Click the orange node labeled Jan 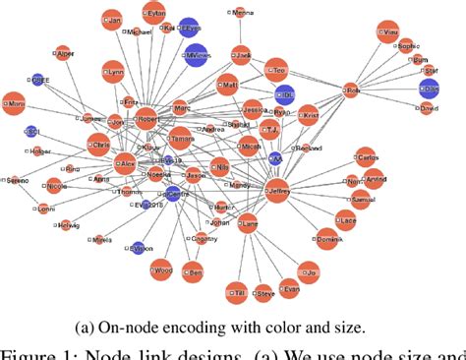[112, 20]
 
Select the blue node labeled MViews [197, 55]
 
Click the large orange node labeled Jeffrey [278, 193]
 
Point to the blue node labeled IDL [285, 94]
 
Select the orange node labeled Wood [164, 270]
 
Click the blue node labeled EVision [138, 248]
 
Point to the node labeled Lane [250, 224]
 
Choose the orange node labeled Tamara [180, 139]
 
